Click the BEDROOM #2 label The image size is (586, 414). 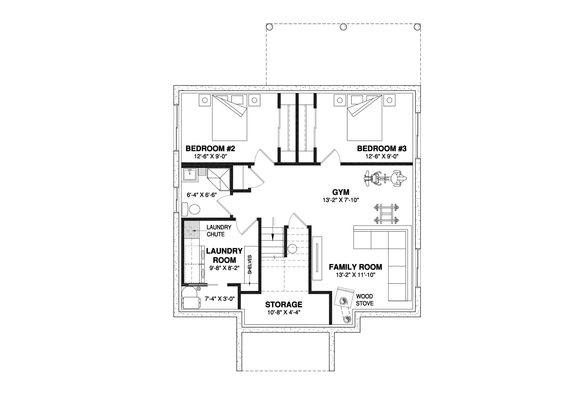pyautogui.click(x=210, y=149)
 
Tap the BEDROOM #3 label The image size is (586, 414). pyautogui.click(x=381, y=149)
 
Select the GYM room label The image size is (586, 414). pyautogui.click(x=341, y=192)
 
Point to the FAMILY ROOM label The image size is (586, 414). pyautogui.click(x=355, y=267)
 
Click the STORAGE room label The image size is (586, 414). pyautogui.click(x=284, y=304)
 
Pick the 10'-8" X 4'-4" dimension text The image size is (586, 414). pyautogui.click(x=284, y=312)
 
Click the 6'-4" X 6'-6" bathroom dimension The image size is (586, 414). pyautogui.click(x=202, y=195)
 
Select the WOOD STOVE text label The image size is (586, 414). pyautogui.click(x=364, y=300)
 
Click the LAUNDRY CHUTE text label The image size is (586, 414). pyautogui.click(x=219, y=231)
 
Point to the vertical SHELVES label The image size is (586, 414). pyautogui.click(x=250, y=265)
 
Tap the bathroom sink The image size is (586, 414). pyautogui.click(x=190, y=176)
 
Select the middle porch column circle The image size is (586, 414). pyautogui.click(x=343, y=27)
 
